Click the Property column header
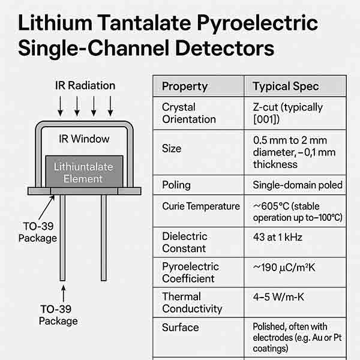point(185,86)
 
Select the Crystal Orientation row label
point(188,113)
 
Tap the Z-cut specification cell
point(287,113)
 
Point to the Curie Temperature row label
point(200,206)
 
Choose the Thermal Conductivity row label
point(192,302)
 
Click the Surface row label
point(180,328)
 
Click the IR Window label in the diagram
point(84,139)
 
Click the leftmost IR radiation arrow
point(61,106)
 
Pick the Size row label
point(172,149)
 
